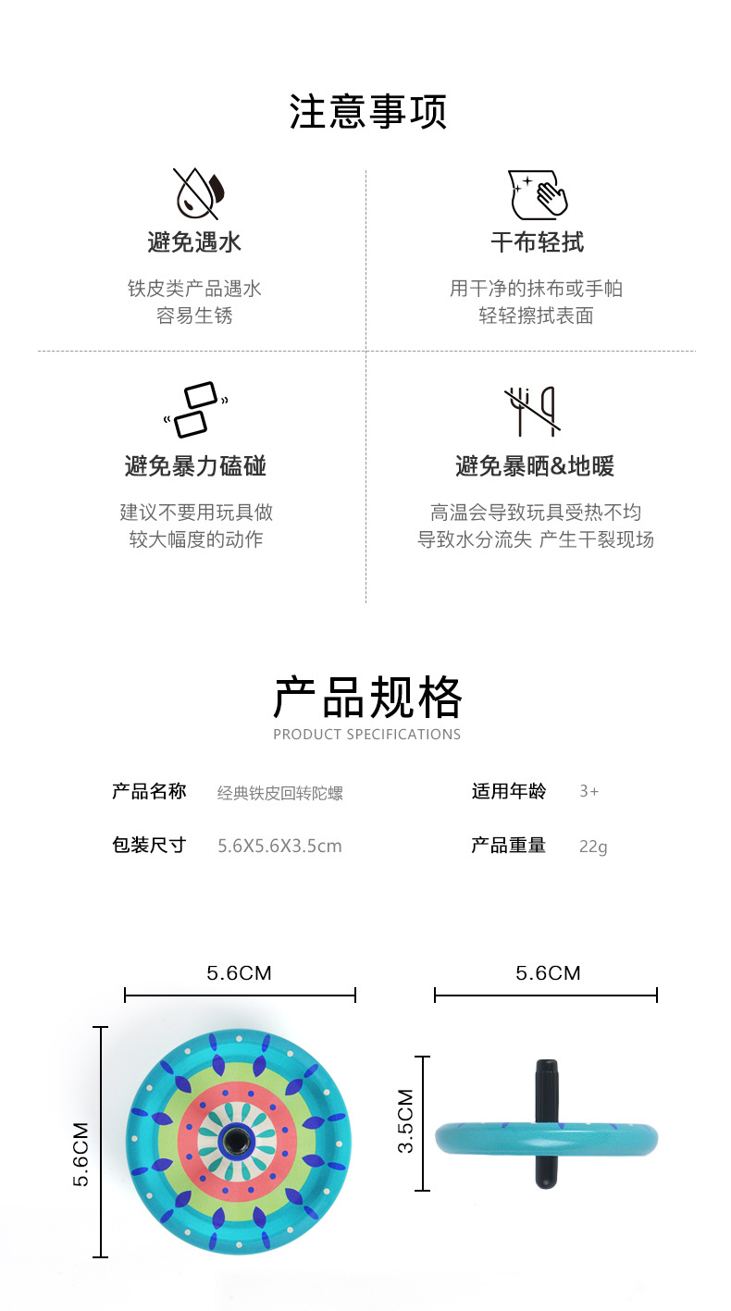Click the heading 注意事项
click(367, 112)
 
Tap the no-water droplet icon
click(198, 192)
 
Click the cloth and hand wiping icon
click(537, 193)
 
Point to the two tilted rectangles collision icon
click(195, 409)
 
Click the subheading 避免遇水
click(194, 242)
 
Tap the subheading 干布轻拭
click(537, 242)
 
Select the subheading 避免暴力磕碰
click(195, 465)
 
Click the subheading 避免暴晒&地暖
click(535, 465)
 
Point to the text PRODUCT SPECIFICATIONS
click(367, 735)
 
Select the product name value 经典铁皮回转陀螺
click(280, 793)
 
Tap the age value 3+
click(589, 792)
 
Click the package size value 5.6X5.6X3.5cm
click(279, 846)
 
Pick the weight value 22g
click(593, 846)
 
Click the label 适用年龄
click(509, 791)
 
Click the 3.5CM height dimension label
click(405, 1120)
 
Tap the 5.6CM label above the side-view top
click(548, 973)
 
